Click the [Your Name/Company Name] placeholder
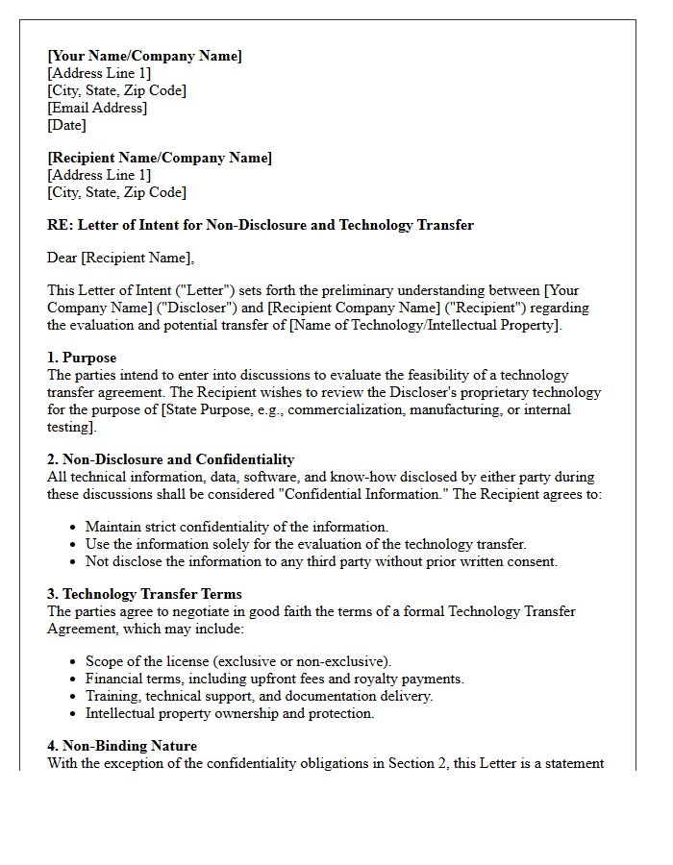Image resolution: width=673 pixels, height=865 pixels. pyautogui.click(x=144, y=56)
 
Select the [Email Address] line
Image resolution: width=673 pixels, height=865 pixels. pyautogui.click(x=97, y=108)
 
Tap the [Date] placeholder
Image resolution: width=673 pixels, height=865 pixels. pyautogui.click(x=66, y=125)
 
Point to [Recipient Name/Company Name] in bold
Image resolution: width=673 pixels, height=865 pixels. pyautogui.click(x=160, y=158)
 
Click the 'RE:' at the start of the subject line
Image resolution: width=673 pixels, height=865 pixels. pyautogui.click(x=60, y=225)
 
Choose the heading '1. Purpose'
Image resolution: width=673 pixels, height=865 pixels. pyautogui.click(x=84, y=358)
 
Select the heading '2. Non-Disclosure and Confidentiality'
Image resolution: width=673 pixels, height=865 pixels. pyautogui.click(x=171, y=459)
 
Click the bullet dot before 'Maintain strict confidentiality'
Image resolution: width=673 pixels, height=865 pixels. pyautogui.click(x=74, y=527)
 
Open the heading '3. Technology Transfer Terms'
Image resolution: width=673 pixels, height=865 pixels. pyautogui.click(x=144, y=594)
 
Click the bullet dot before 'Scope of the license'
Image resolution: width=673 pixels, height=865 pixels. pyautogui.click(x=74, y=661)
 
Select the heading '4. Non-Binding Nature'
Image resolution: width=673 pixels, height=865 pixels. pyautogui.click(x=122, y=746)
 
